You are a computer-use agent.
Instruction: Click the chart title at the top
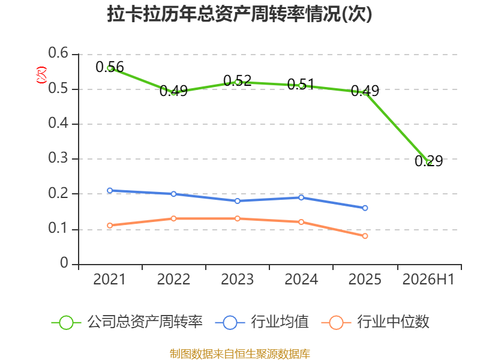tap(239, 14)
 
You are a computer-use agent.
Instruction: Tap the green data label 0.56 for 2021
tap(110, 67)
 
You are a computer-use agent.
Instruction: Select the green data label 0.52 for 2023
tap(237, 81)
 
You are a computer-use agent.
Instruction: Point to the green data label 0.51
tap(301, 85)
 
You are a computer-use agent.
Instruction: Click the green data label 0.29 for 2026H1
tap(429, 161)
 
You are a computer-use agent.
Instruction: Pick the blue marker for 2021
tap(110, 190)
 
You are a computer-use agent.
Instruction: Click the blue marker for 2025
tap(365, 208)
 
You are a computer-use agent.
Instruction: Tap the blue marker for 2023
tap(237, 201)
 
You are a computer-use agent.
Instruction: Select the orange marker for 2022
tap(173, 218)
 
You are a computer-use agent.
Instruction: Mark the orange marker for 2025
tap(365, 236)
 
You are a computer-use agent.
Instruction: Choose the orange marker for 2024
tap(301, 222)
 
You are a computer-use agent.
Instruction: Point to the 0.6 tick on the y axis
tap(58, 53)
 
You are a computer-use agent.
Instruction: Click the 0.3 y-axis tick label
tap(58, 158)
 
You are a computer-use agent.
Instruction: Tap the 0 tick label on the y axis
tap(64, 263)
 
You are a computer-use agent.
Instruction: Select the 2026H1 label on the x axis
tap(428, 280)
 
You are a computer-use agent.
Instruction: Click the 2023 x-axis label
tap(237, 280)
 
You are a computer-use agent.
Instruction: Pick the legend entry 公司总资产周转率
tap(127, 322)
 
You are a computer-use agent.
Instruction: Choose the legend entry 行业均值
tap(262, 322)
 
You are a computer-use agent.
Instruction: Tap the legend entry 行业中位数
tap(376, 322)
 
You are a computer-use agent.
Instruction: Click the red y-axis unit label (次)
tap(41, 75)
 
